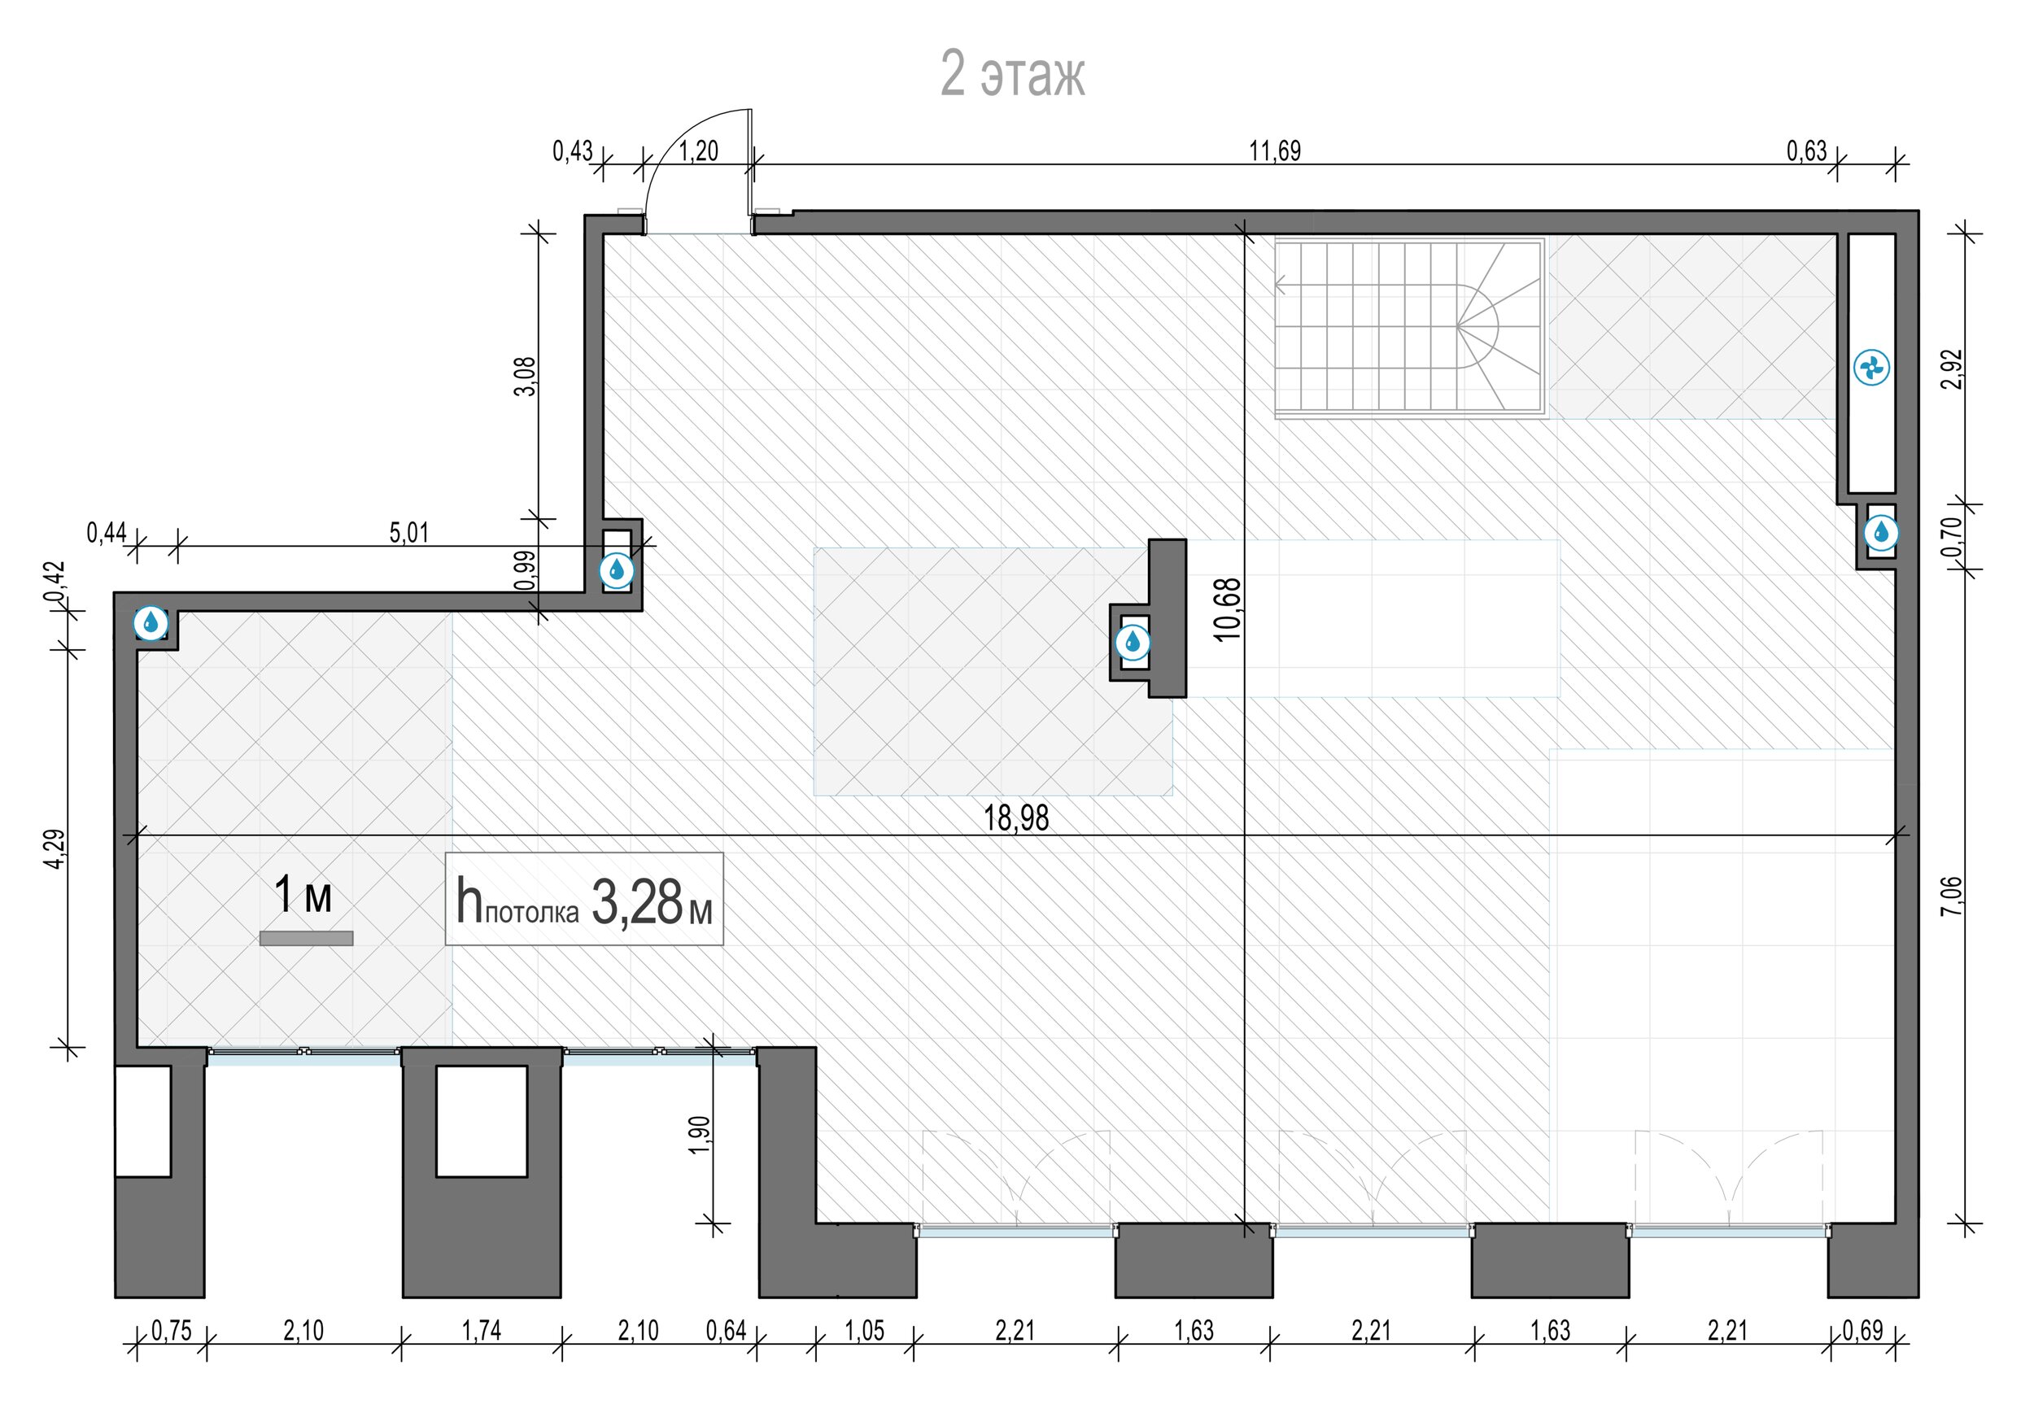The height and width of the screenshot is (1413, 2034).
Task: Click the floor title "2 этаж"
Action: [1012, 74]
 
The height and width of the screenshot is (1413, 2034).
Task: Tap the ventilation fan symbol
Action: [1872, 368]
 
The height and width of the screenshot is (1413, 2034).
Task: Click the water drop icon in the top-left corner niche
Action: [151, 623]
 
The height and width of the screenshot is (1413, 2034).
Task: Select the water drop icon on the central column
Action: [1133, 642]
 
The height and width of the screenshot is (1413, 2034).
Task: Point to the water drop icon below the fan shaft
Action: [1881, 533]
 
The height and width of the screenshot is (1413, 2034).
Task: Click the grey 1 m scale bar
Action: [307, 939]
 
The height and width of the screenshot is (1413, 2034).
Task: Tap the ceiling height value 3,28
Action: [635, 903]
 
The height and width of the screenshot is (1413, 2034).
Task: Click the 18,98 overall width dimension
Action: [1016, 818]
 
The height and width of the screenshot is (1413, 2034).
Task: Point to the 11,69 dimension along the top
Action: [1275, 151]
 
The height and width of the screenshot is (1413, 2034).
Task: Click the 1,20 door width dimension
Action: [699, 151]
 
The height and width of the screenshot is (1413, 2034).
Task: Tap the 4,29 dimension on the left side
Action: [55, 849]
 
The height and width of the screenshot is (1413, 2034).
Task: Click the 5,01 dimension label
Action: [409, 533]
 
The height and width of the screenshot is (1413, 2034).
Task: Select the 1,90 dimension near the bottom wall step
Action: [699, 1135]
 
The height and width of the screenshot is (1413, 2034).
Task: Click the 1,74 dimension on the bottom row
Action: [481, 1331]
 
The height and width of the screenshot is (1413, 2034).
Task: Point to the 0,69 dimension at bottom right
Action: [1863, 1331]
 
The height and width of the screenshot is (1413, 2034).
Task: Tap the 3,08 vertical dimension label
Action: [526, 377]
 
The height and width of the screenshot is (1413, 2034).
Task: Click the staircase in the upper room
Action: [1410, 327]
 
